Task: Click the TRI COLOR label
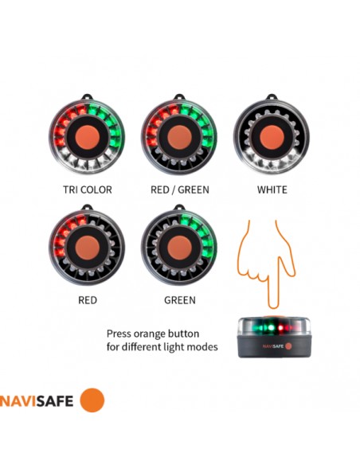click(87, 190)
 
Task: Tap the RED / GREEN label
click(180, 190)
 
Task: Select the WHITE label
click(272, 190)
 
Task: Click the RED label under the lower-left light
click(87, 301)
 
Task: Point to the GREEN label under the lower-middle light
click(179, 301)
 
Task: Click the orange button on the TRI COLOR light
click(87, 138)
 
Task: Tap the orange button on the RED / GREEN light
click(179, 138)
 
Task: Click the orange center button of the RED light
click(87, 248)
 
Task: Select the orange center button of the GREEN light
click(179, 248)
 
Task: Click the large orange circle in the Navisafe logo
click(92, 400)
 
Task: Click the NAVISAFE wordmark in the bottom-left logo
click(37, 401)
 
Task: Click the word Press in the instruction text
click(120, 334)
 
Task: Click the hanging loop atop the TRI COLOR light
click(87, 99)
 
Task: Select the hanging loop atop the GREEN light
click(179, 209)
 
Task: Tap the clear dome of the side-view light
click(271, 326)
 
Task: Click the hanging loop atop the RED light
click(87, 209)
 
